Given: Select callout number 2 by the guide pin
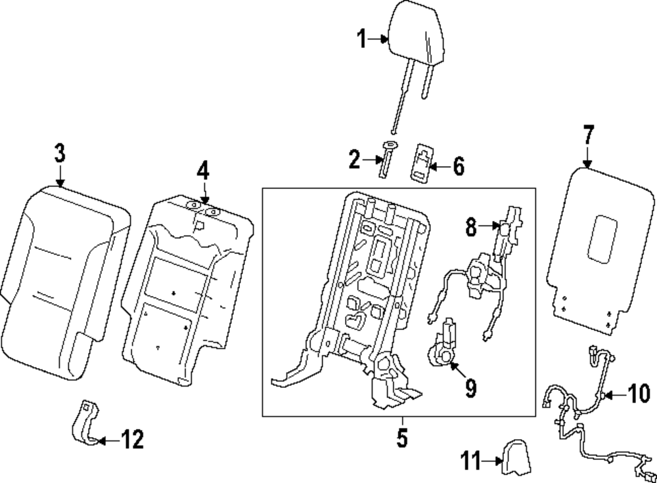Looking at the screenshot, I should [x=355, y=159].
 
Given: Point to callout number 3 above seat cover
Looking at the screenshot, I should [x=60, y=155].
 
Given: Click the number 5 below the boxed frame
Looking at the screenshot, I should [x=402, y=438].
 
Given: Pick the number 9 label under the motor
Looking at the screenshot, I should [x=470, y=388].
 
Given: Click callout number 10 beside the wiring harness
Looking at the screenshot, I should [x=638, y=394].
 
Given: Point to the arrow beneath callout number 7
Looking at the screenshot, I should [x=587, y=157].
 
